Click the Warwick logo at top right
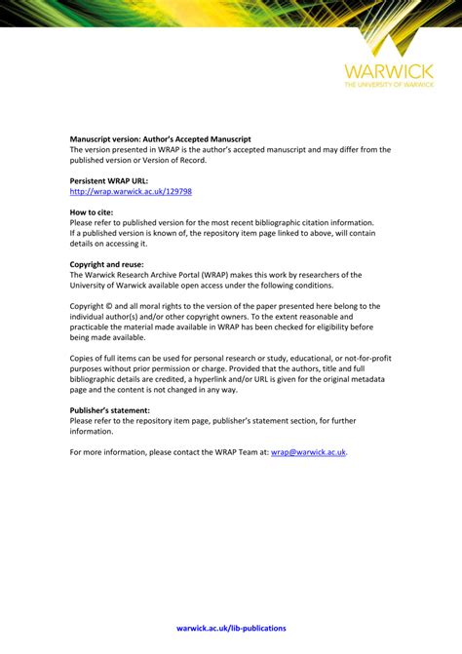387,58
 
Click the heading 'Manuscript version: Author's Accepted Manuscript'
159,139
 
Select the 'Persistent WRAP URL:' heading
108,181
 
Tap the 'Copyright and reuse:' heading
106,264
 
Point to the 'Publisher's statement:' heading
109,410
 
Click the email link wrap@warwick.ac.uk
308,452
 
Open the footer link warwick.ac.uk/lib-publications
231,629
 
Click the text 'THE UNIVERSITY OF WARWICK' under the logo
387,85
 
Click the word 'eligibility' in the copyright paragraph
330,327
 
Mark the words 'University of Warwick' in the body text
112,286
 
